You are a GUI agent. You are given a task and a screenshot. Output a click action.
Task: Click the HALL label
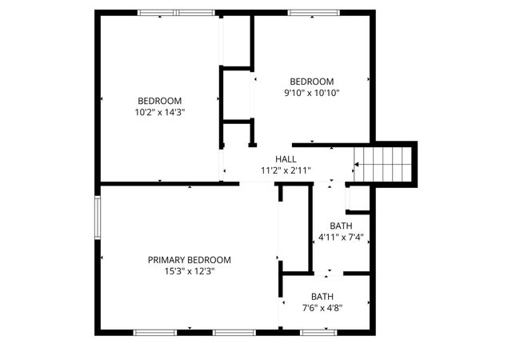tap(286, 159)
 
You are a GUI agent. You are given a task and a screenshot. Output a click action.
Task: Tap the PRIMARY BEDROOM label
tap(190, 260)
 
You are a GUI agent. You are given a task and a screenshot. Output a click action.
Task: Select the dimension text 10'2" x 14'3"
tap(160, 113)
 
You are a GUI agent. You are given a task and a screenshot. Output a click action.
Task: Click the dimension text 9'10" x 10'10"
tap(311, 93)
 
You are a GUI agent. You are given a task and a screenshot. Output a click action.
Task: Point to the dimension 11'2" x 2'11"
tap(286, 170)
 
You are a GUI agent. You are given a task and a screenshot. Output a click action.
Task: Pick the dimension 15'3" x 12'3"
tap(190, 271)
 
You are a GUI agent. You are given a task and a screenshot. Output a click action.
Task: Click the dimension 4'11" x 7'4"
tap(341, 237)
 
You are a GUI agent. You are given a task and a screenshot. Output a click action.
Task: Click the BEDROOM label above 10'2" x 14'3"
tap(160, 101)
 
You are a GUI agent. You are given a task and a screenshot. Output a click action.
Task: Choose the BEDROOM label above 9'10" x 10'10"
tap(311, 82)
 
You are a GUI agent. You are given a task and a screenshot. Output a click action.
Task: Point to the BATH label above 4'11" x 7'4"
tap(341, 226)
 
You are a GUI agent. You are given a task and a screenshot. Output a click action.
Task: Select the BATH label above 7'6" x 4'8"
tap(322, 296)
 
